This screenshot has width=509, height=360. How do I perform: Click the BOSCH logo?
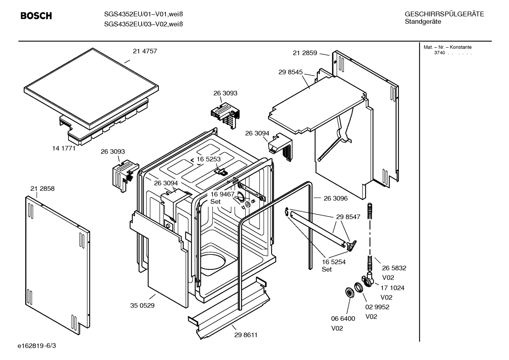coord(36,16)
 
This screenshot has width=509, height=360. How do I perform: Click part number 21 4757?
coord(145,51)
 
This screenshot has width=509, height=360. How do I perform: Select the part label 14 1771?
coord(64,148)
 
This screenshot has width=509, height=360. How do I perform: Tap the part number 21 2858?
coord(42,189)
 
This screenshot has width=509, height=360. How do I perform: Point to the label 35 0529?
coord(142,305)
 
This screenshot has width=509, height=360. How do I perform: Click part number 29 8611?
coord(246,335)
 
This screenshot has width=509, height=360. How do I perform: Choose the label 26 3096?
coord(335,199)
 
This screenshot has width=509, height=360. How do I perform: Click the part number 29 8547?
coord(348,217)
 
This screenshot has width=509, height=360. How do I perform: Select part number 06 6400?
coord(343,319)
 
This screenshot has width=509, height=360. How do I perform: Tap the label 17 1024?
coord(392,288)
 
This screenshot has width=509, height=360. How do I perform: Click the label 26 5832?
coord(394,268)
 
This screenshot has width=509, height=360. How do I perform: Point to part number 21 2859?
coord(305,53)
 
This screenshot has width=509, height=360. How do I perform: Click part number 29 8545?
coord(291,72)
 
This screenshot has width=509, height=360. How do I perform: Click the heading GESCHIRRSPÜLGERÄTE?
coord(444,14)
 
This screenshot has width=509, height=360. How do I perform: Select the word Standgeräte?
coord(423,22)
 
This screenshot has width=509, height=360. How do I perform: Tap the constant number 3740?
coord(439,53)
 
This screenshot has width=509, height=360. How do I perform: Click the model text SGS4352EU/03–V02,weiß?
coord(143,24)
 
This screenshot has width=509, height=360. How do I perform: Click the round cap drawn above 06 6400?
coord(349,293)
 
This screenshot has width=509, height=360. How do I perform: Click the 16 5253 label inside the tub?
coord(208,159)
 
